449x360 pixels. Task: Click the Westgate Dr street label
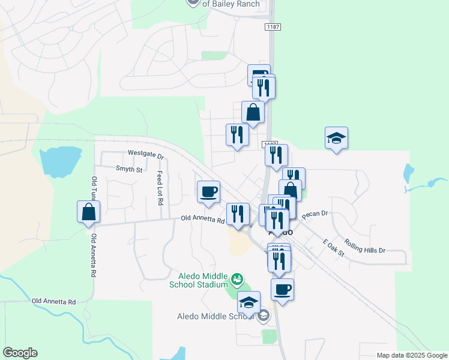(146, 154)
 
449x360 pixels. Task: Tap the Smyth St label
(129, 170)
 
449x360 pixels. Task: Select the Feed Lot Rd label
(160, 188)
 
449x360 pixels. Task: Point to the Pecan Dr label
(315, 214)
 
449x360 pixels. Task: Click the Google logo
(20, 353)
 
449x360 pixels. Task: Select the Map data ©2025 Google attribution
(411, 355)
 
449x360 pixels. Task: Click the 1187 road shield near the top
(272, 27)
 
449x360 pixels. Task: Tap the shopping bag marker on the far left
(89, 212)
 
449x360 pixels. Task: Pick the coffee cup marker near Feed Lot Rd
(208, 192)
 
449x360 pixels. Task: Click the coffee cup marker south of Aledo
(282, 290)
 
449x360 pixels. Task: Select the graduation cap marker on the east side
(337, 138)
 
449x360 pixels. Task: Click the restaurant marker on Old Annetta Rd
(238, 214)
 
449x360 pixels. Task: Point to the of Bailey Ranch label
(231, 4)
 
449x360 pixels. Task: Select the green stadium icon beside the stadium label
(237, 279)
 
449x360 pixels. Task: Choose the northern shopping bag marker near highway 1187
(253, 112)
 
